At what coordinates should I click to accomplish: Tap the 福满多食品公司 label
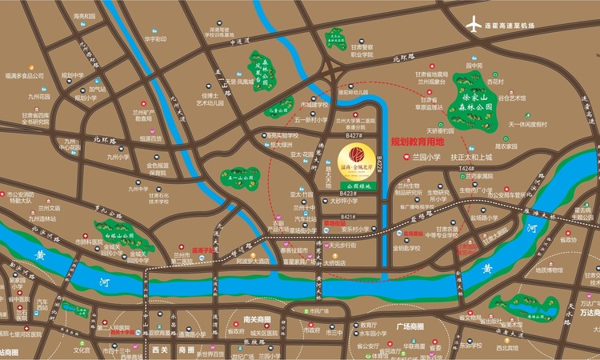coord(23,76)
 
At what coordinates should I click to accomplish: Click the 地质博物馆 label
coord(550,270)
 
